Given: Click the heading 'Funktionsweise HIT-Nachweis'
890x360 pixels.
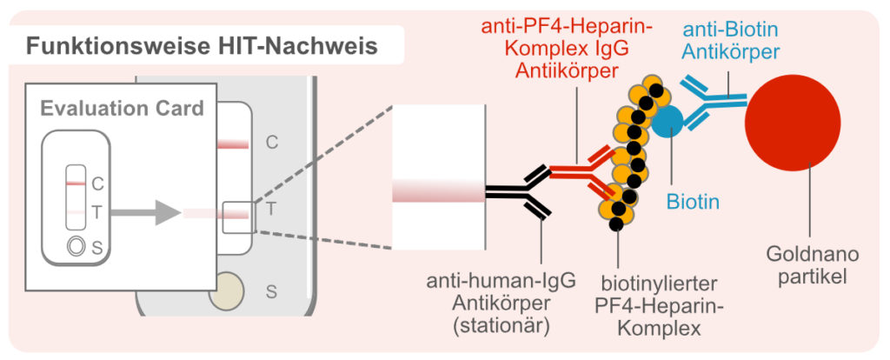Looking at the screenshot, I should pyautogui.click(x=202, y=45).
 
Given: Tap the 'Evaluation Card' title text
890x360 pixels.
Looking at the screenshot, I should pyautogui.click(x=122, y=109).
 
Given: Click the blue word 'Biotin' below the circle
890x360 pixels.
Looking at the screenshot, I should pyautogui.click(x=693, y=203).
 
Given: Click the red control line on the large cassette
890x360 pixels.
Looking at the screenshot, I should pyautogui.click(x=233, y=144).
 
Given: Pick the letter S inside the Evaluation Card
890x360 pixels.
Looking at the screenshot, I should pyautogui.click(x=96, y=249).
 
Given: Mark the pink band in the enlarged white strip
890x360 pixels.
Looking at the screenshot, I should pyautogui.click(x=438, y=191).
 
